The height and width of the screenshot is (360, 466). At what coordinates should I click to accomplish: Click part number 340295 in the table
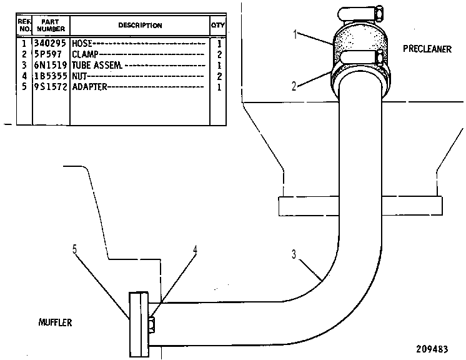49,43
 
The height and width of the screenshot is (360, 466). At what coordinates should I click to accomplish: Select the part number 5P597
47,54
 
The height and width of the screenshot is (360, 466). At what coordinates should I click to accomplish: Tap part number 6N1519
50,65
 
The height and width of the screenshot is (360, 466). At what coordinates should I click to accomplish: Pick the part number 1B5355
50,76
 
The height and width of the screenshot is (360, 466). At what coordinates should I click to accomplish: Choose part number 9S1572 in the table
50,87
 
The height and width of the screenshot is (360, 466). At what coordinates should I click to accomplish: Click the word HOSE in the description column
82,44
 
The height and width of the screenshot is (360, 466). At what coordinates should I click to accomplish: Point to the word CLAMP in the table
85,54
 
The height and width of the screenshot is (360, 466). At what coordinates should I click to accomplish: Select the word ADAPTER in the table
89,87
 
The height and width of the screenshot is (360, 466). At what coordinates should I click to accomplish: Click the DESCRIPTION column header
140,25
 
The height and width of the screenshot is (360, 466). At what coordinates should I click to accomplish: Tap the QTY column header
218,25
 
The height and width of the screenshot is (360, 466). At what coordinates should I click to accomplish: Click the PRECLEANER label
427,49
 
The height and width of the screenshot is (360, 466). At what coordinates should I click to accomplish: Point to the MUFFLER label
55,322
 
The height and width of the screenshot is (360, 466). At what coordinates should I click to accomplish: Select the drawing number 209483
432,349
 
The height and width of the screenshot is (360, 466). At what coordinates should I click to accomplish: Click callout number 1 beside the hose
295,34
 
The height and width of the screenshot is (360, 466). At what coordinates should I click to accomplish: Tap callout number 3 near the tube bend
294,254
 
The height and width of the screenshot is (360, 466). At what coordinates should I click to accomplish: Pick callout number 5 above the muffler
74,249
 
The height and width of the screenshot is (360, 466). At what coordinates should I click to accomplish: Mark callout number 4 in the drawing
195,250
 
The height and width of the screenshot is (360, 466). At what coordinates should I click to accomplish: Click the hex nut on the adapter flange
152,324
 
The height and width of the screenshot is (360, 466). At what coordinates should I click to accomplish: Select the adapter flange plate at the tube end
139,324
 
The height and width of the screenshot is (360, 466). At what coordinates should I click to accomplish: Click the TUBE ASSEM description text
97,65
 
